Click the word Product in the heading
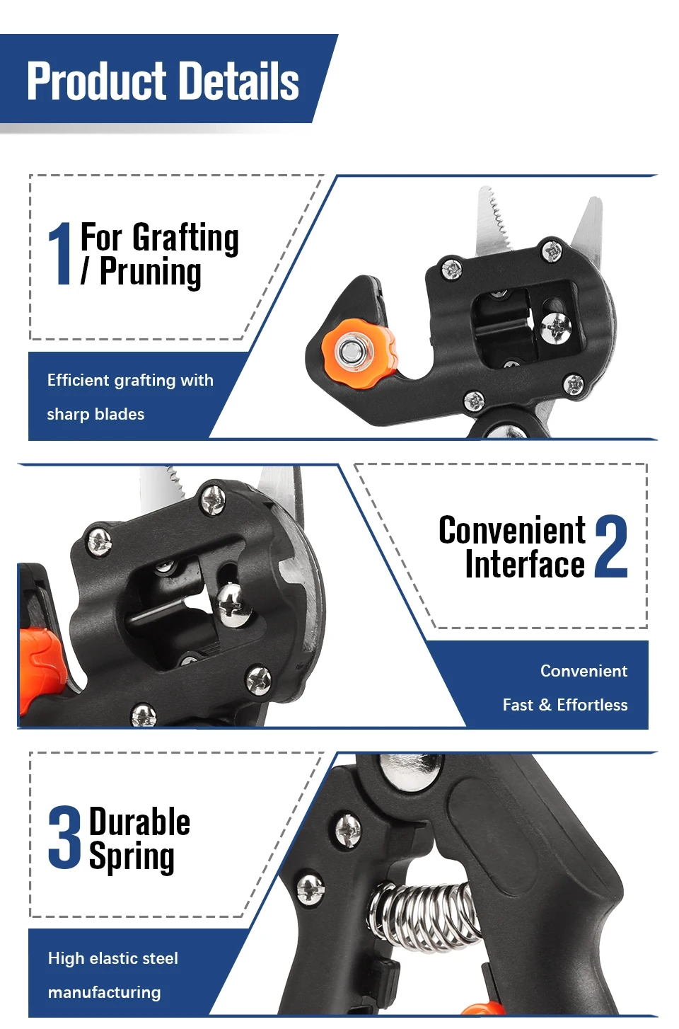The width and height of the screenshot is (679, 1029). [x=97, y=81]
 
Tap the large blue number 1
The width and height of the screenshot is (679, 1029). [x=60, y=253]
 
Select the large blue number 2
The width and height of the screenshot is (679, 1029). [x=610, y=546]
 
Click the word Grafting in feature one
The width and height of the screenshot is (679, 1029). [x=186, y=238]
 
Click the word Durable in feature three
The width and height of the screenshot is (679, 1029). [x=139, y=822]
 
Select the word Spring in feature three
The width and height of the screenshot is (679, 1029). [x=132, y=856]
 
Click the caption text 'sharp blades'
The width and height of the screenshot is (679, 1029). [x=95, y=414]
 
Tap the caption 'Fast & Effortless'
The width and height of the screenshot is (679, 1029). [x=565, y=705]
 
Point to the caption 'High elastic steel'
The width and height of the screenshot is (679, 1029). [x=113, y=958]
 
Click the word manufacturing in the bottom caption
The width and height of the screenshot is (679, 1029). [x=104, y=992]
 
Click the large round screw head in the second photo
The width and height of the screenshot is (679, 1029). [x=233, y=604]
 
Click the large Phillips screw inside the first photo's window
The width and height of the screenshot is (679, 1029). [x=556, y=328]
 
